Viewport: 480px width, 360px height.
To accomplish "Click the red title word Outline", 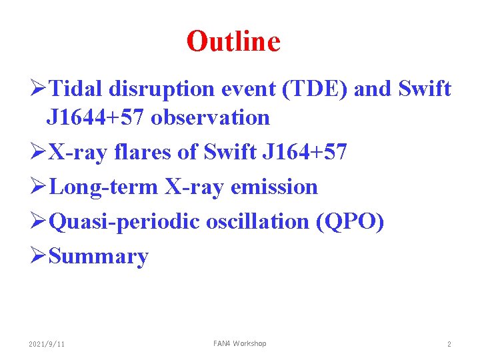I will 233,41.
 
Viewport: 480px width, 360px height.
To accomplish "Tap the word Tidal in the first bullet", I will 75,89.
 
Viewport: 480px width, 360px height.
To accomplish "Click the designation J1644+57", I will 96,118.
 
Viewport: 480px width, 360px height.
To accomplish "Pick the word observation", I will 210,118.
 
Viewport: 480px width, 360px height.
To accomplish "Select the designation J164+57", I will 305,153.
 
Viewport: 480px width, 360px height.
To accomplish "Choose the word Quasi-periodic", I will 124,222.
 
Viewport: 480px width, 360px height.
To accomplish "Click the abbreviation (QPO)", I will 350,222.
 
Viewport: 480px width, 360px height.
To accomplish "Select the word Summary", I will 99,257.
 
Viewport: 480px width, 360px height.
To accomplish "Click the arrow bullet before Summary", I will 38,257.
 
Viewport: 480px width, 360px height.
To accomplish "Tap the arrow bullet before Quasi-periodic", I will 38,222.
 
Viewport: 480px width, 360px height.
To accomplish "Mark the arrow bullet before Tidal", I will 38,89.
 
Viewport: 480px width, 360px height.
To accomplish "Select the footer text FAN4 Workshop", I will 239,343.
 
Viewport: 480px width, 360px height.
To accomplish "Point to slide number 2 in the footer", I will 449,344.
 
